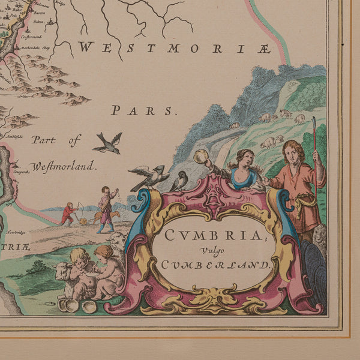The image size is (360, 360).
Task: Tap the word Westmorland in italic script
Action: click(x=63, y=166)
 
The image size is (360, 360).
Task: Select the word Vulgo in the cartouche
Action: click(x=221, y=249)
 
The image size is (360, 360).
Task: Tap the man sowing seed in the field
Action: click(x=106, y=208)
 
